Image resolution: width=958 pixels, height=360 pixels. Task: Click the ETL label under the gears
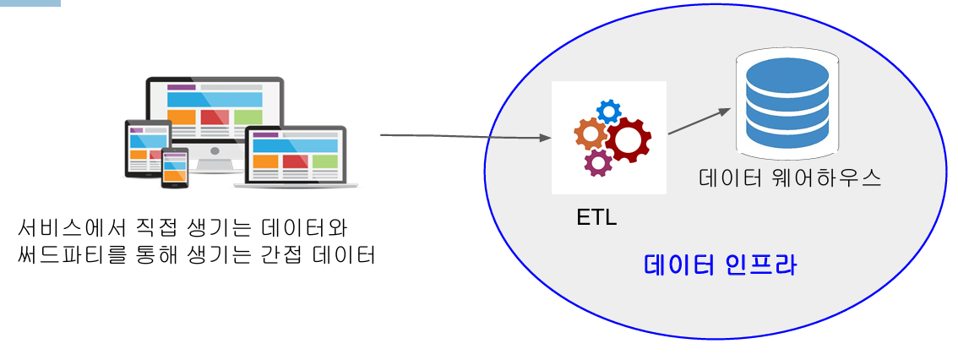point(596,217)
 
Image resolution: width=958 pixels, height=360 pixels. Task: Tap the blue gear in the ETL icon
point(608,111)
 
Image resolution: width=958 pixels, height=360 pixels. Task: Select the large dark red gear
point(627,140)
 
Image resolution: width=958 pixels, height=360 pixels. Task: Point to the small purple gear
point(598,163)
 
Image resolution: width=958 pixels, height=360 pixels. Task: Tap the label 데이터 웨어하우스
point(790,178)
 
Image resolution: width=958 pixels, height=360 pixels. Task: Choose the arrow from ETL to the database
point(699,121)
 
